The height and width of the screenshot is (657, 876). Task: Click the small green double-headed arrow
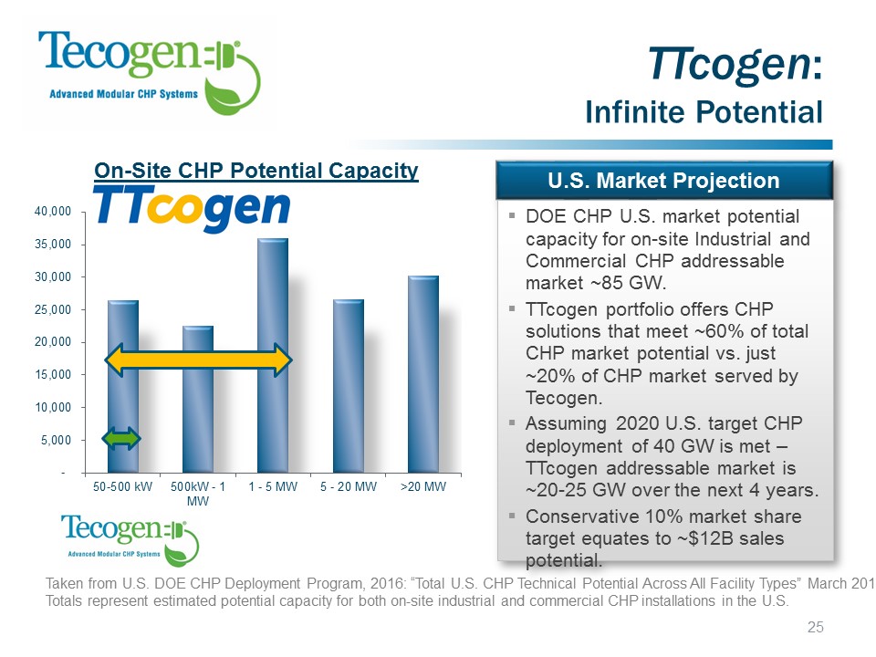122,439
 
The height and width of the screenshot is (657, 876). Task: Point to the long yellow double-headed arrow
198,360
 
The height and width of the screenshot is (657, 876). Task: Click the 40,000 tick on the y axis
57,212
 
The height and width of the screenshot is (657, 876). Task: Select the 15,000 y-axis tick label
57,375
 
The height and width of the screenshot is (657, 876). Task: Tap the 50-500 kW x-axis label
122,487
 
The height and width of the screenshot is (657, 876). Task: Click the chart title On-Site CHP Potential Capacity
256,171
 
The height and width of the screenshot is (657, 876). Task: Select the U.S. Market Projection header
664,181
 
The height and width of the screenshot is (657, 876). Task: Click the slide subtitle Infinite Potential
704,112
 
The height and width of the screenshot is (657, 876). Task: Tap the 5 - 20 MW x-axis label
349,487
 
